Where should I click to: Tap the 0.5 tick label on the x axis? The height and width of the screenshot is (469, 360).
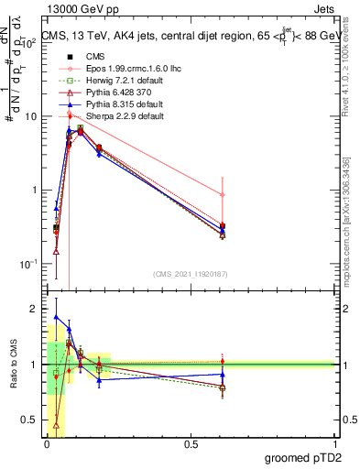click(191, 443)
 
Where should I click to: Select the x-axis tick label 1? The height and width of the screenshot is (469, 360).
click(334, 443)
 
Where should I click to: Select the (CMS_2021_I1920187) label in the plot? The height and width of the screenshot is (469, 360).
click(190, 274)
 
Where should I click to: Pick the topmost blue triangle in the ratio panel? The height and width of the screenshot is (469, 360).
click(57, 317)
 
